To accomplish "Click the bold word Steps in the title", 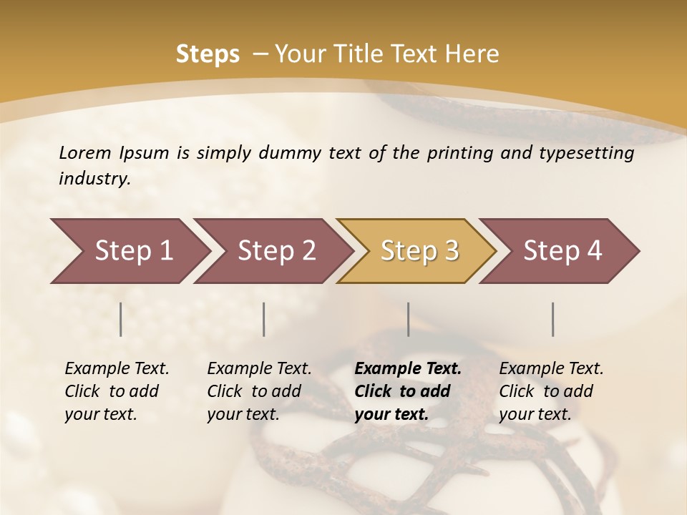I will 208,54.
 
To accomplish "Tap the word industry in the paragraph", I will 94,179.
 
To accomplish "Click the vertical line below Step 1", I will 121,319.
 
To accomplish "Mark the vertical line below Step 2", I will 264,319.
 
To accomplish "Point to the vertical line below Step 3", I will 408,319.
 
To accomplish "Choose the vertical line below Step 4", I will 552,319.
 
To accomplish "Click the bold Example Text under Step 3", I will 408,369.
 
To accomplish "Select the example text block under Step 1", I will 117,391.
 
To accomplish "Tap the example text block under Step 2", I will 259,391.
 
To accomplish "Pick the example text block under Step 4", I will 551,391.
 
